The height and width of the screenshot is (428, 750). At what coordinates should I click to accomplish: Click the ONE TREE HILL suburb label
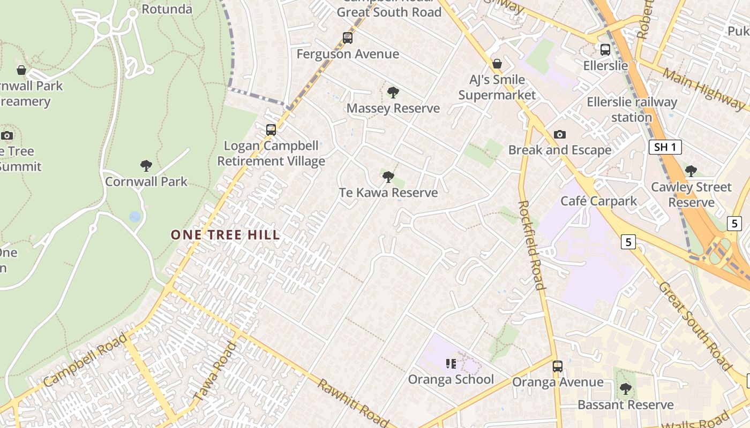click(x=225, y=234)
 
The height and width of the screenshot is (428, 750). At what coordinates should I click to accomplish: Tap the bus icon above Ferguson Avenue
click(x=348, y=38)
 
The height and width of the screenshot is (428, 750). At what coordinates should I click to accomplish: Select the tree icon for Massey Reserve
click(x=393, y=93)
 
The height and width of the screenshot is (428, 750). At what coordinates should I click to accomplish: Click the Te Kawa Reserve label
click(x=388, y=193)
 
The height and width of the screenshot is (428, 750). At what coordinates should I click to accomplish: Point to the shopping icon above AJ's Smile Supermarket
click(x=497, y=64)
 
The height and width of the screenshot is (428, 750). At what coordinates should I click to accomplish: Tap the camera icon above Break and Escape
click(x=560, y=134)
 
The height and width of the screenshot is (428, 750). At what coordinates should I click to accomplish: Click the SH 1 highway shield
click(x=665, y=147)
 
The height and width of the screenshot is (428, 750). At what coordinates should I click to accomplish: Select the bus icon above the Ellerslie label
click(x=605, y=50)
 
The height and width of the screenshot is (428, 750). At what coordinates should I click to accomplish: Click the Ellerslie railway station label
click(x=632, y=109)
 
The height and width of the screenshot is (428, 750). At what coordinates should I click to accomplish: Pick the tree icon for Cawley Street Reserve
click(x=691, y=171)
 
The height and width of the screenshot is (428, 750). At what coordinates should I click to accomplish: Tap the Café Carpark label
click(x=598, y=201)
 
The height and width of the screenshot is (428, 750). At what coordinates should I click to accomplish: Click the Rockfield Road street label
click(x=532, y=245)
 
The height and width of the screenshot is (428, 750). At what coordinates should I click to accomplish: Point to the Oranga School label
click(x=451, y=379)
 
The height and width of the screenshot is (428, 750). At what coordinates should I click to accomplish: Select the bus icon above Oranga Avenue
click(x=558, y=366)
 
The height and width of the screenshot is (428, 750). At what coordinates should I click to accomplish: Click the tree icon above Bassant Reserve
click(x=625, y=389)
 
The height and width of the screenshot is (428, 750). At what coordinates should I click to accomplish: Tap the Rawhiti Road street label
click(x=352, y=402)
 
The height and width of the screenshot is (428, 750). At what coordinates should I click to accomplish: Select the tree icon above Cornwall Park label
click(x=146, y=166)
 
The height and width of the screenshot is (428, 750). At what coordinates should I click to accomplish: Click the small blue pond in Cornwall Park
click(x=135, y=217)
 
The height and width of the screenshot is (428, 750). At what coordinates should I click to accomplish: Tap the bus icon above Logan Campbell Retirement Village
click(x=271, y=129)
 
